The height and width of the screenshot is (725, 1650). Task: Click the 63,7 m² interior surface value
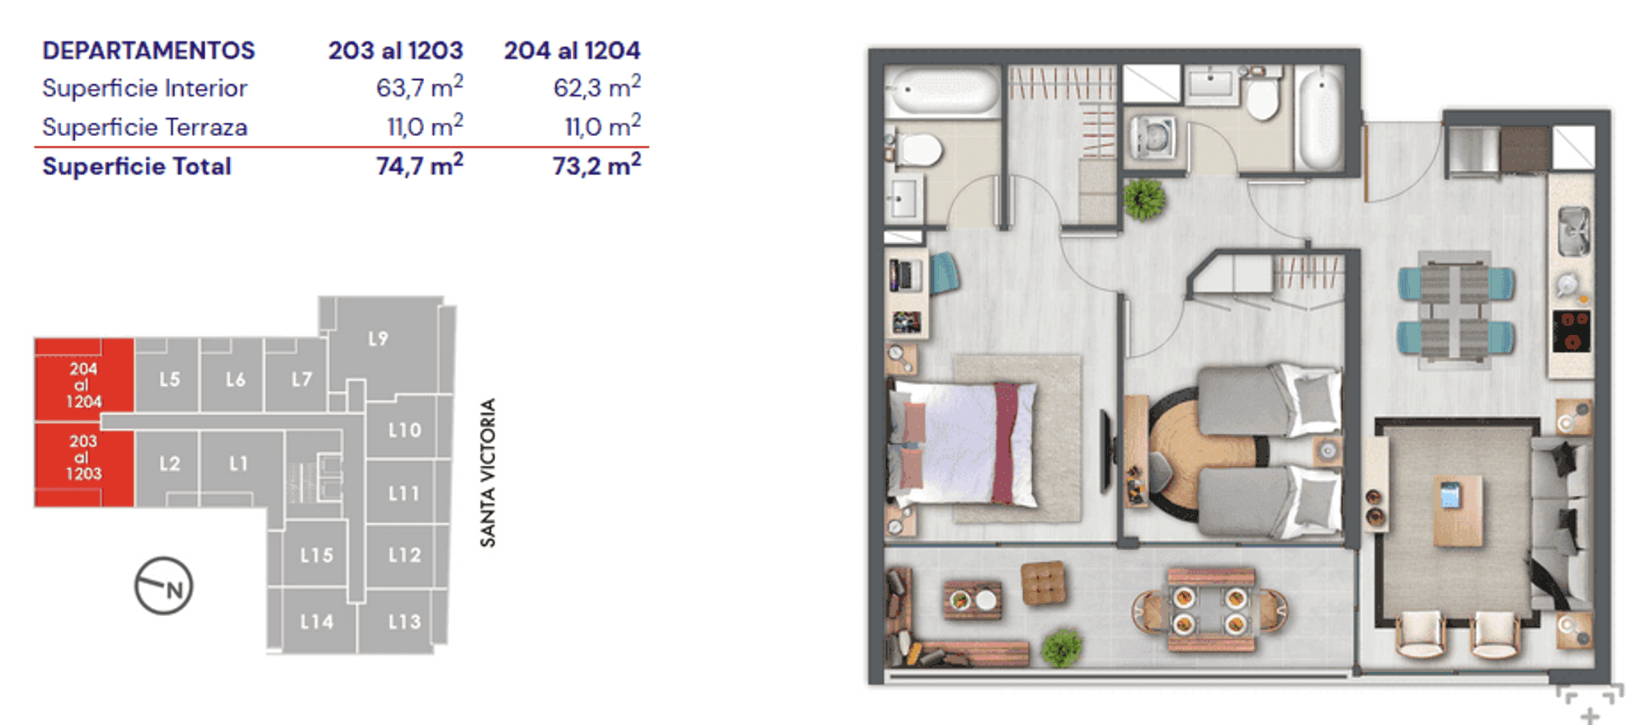point(419,87)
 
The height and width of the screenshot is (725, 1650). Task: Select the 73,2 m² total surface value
point(596,165)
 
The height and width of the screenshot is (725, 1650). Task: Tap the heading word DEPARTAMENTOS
point(148,50)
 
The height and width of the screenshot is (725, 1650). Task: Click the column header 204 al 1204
point(572,50)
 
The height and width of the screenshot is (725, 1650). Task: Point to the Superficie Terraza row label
point(144,127)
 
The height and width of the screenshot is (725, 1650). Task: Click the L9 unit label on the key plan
point(378,338)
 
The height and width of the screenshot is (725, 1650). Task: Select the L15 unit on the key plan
point(316,553)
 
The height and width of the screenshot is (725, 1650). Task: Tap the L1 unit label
point(238,464)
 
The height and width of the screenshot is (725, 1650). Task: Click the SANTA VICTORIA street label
point(488,473)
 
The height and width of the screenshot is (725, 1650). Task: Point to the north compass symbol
point(163,586)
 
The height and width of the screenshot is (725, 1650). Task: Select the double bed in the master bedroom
point(962,444)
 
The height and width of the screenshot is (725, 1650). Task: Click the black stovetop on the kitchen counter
point(1571,330)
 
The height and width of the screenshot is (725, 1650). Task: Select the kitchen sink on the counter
point(1573,230)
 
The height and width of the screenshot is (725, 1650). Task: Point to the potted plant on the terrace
point(1061,647)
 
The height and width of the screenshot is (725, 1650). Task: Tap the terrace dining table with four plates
point(1210,610)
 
